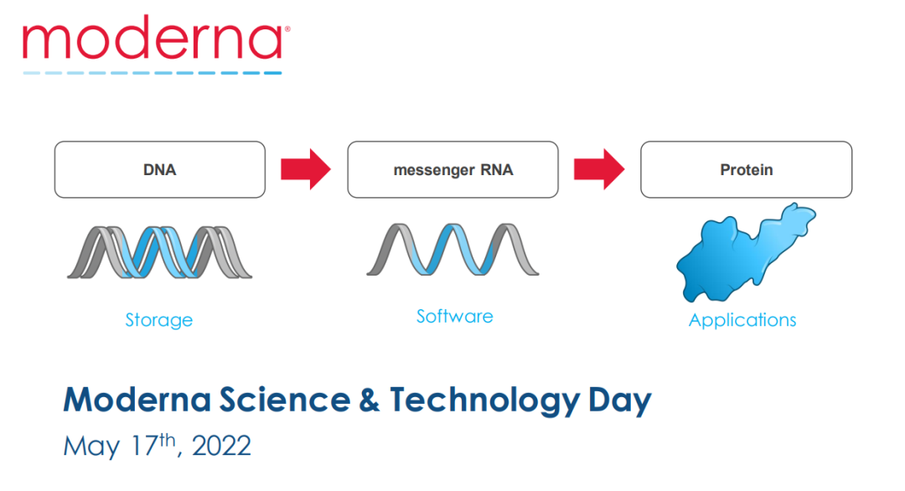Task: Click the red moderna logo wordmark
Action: point(155,37)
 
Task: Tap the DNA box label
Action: point(160,169)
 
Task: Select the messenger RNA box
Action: point(452,169)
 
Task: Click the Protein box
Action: point(747,169)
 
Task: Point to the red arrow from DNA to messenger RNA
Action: point(306,169)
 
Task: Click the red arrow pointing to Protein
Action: point(599,169)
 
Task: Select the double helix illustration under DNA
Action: point(160,252)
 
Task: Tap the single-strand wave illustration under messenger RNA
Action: point(453,249)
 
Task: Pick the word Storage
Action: point(159,320)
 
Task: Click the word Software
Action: point(455,316)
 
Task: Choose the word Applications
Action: point(742,320)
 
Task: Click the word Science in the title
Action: point(285,400)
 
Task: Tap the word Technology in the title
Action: point(485,401)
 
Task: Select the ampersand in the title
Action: point(370,400)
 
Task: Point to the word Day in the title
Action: point(620,401)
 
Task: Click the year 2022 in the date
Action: point(221,446)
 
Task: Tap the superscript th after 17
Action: point(168,440)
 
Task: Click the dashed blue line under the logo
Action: point(153,73)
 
